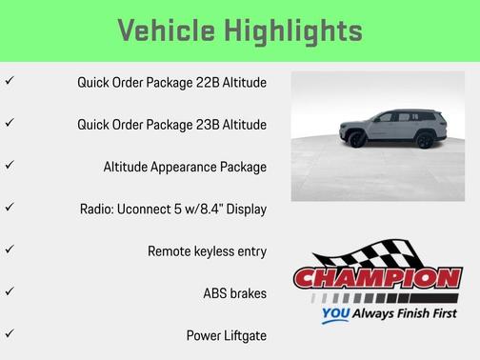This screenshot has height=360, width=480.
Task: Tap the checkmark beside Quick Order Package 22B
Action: point(9,82)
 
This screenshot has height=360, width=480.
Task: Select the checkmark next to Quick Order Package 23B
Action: point(9,124)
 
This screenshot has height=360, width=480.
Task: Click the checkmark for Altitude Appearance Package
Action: point(9,166)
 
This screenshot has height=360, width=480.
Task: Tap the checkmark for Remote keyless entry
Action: point(9,250)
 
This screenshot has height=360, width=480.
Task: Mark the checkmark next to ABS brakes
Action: point(9,291)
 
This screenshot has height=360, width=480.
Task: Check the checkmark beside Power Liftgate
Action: point(9,333)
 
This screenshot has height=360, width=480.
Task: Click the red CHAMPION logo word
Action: point(377,279)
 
